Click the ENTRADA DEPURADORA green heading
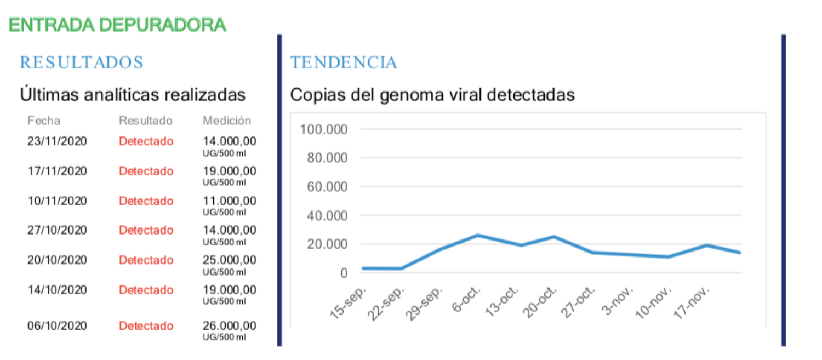point(117,25)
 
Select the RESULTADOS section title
point(82,62)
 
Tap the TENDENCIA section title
point(344,62)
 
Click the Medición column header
point(227,121)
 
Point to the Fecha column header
point(44,121)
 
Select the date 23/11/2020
point(57,141)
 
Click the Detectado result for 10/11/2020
point(146,201)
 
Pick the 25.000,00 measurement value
point(229,260)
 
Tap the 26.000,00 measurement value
point(229,326)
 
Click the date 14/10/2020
point(57,290)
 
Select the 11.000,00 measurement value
point(229,201)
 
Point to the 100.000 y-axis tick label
point(324,130)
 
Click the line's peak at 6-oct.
point(478,236)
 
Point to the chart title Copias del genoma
point(432,95)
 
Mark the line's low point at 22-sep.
point(401,268)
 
